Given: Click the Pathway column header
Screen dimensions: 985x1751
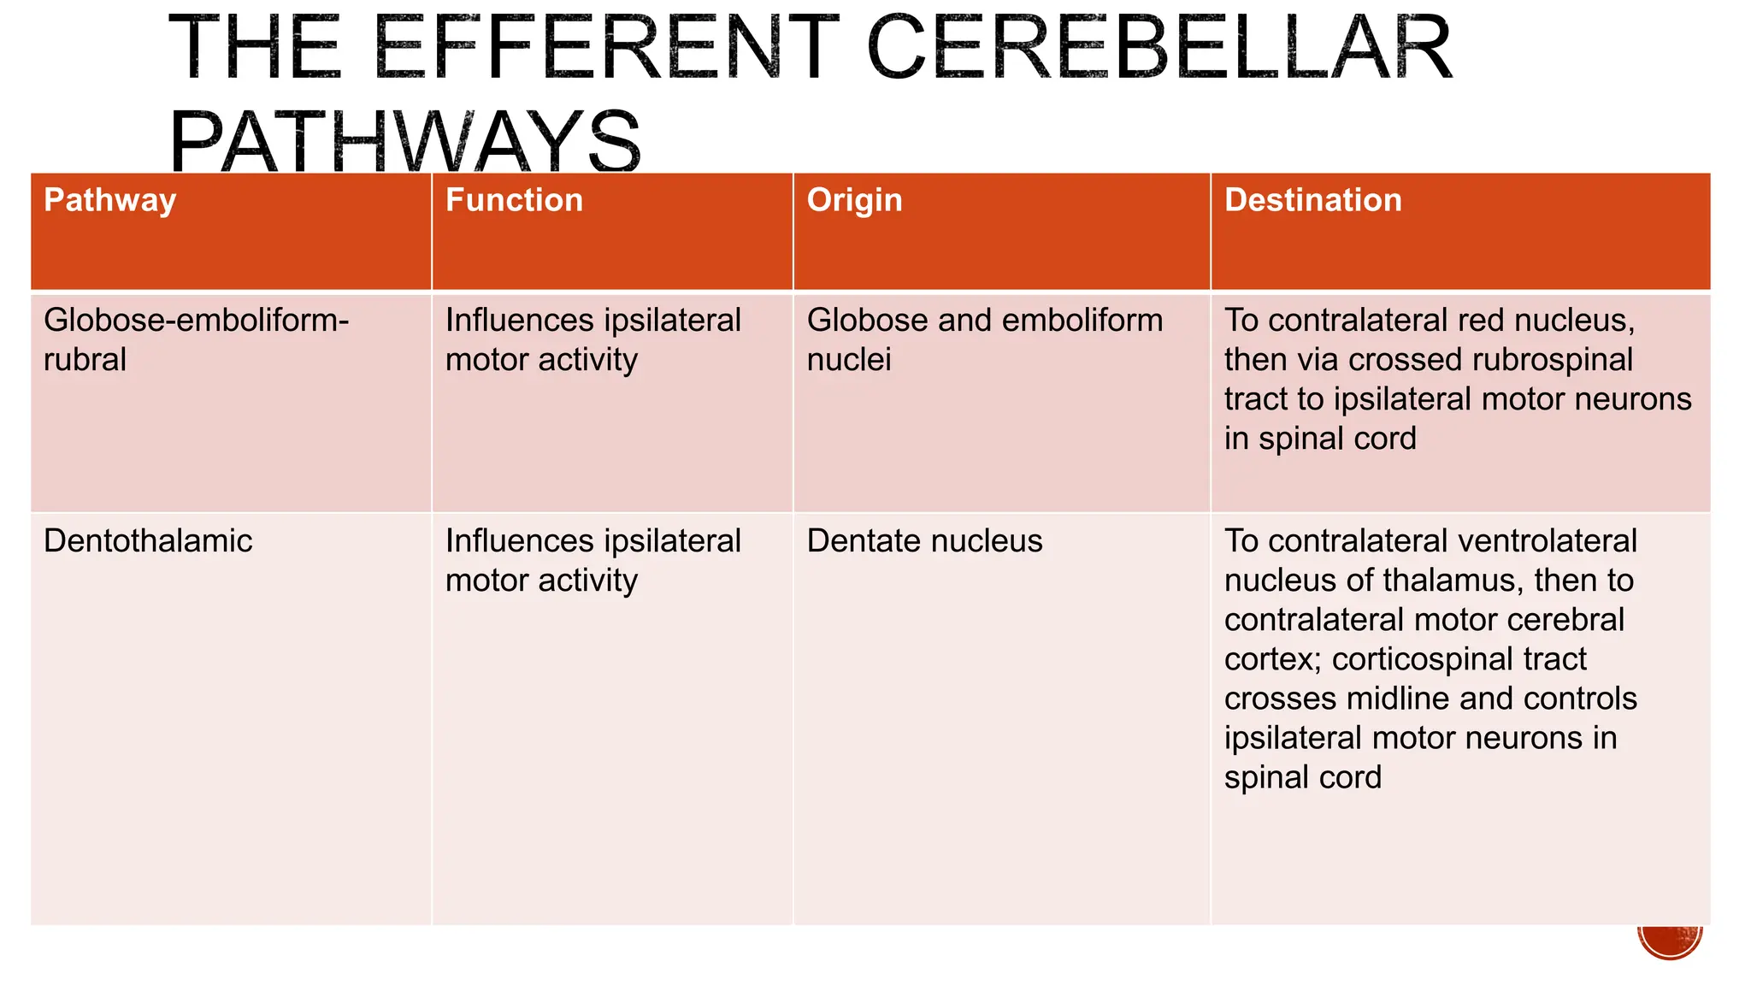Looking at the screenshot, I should (x=110, y=201).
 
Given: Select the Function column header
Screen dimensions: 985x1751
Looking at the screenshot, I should (x=514, y=201).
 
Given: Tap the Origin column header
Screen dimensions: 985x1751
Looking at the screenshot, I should (x=854, y=201).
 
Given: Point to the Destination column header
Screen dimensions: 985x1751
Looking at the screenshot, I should (x=1312, y=201).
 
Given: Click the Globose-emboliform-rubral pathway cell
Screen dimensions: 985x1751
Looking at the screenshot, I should (x=196, y=339).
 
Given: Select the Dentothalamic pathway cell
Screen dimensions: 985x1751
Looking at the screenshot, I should (x=148, y=541).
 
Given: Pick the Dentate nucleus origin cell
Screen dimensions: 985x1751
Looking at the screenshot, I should (x=924, y=541).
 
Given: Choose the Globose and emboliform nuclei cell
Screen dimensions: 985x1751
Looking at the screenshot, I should (x=984, y=339).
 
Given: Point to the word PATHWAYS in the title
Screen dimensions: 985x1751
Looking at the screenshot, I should (x=404, y=141).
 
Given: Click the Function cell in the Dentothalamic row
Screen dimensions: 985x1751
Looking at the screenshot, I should (x=593, y=561).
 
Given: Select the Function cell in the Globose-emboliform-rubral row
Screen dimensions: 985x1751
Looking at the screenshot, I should (x=593, y=339).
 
